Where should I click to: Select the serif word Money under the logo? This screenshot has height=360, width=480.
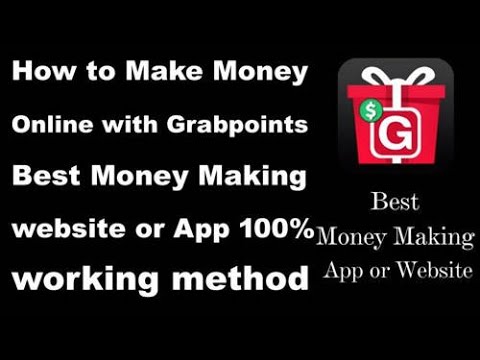(352, 237)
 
